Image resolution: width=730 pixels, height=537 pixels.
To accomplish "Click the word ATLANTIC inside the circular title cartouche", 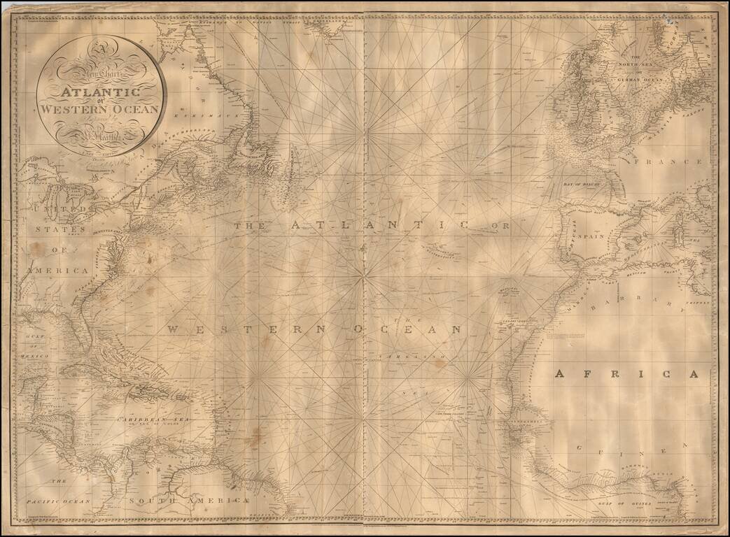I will coord(101,92).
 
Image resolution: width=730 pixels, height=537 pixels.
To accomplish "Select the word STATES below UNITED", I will coord(63,229).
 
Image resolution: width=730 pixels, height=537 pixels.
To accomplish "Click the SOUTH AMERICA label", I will coord(189,501).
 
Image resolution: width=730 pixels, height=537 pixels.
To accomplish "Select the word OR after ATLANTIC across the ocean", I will coord(501,226).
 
